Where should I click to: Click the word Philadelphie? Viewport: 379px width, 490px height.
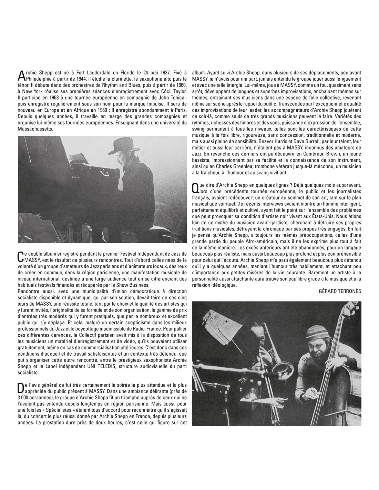tap(39, 79)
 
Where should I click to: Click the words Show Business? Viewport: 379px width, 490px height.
tap(134, 285)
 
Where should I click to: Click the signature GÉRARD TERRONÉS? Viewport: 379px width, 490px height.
tap(340, 291)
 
